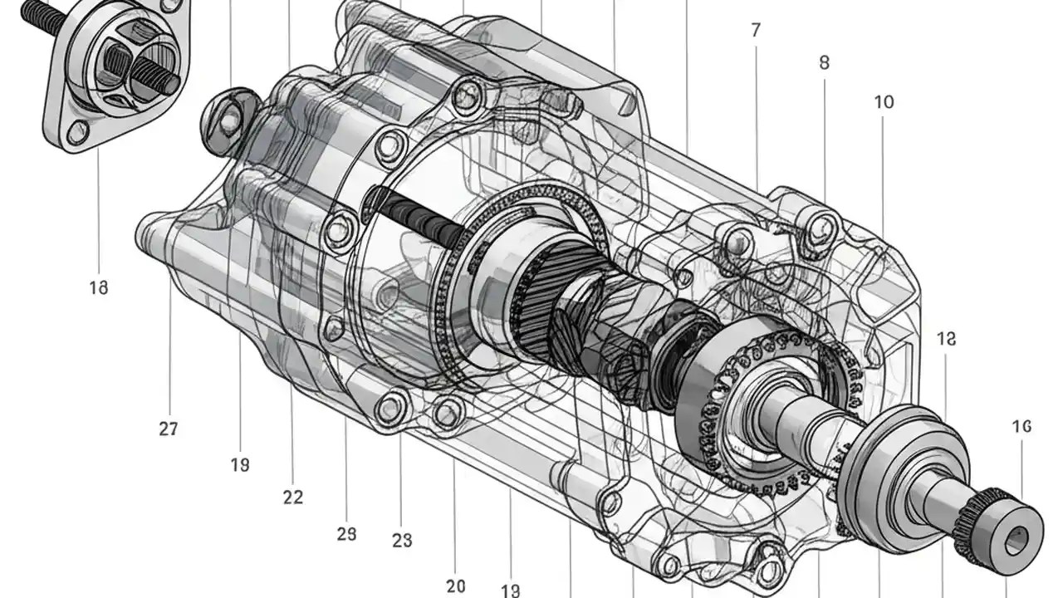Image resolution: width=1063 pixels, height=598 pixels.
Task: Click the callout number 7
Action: coord(755,31)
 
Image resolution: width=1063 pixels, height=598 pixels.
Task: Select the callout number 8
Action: coord(824,62)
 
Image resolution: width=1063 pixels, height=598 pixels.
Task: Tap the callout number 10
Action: coord(884,102)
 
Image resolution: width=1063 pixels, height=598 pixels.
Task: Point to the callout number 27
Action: coord(169,429)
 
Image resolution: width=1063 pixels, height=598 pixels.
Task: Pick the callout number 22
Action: coord(292,498)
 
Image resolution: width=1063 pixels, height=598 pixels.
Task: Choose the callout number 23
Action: coord(402,541)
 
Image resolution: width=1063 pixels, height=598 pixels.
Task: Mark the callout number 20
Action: coord(455,586)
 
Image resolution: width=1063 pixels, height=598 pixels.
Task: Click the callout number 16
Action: coord(1021,426)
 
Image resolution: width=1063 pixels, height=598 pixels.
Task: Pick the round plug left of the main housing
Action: coord(228,121)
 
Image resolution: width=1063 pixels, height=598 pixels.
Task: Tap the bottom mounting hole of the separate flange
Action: coord(79,131)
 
